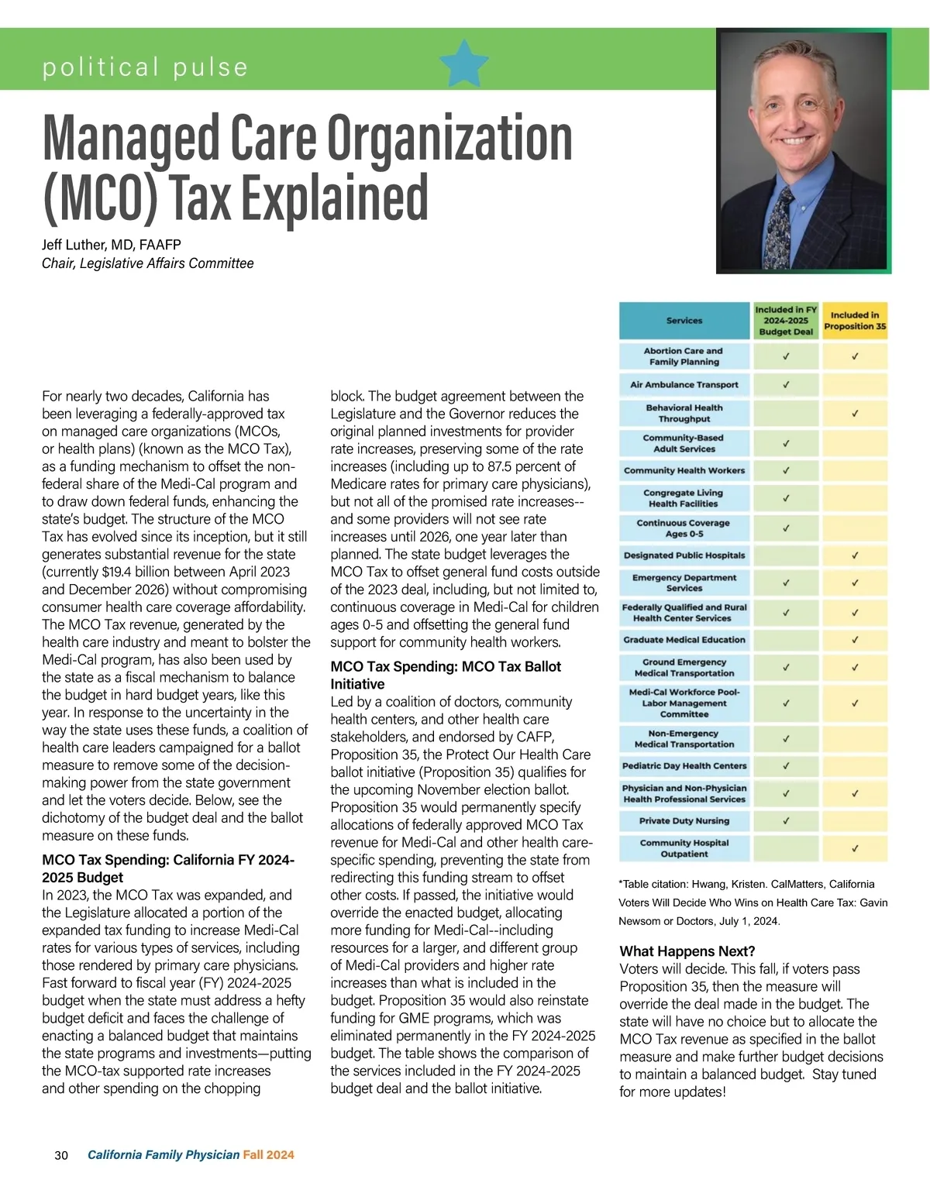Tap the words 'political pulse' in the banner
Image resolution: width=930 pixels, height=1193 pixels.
pyautogui.click(x=145, y=67)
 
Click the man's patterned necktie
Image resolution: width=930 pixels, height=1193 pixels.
pyautogui.click(x=784, y=224)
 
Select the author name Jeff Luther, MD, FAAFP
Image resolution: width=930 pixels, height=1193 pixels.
pyautogui.click(x=111, y=245)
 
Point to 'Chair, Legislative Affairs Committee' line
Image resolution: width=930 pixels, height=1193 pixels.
pyautogui.click(x=147, y=263)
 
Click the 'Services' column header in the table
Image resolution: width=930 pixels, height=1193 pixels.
pyautogui.click(x=684, y=321)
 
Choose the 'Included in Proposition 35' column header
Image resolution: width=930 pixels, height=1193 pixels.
pyautogui.click(x=854, y=321)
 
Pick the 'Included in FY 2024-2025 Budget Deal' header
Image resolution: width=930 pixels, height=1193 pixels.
pyautogui.click(x=786, y=321)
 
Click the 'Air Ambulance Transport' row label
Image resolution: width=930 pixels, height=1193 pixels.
pyautogui.click(x=684, y=384)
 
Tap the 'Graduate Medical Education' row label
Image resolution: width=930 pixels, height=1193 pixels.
pyautogui.click(x=684, y=640)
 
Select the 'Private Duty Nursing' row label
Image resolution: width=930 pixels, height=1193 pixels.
pyautogui.click(x=684, y=821)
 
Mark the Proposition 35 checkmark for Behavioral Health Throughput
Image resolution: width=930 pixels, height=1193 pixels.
pyautogui.click(x=855, y=414)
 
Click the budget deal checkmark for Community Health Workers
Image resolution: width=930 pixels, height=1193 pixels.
pyautogui.click(x=786, y=470)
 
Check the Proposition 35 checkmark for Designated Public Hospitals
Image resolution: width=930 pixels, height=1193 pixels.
pyautogui.click(x=855, y=555)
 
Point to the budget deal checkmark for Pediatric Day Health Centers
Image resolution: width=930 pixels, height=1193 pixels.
pyautogui.click(x=786, y=766)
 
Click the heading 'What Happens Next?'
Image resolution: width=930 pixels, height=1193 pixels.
pyautogui.click(x=687, y=951)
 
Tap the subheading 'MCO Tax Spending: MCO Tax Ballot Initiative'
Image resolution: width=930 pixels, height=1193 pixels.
pyautogui.click(x=445, y=675)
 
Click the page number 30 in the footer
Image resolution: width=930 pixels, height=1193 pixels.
pyautogui.click(x=61, y=1155)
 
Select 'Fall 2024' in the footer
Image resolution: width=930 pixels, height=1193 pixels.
pyautogui.click(x=268, y=1155)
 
